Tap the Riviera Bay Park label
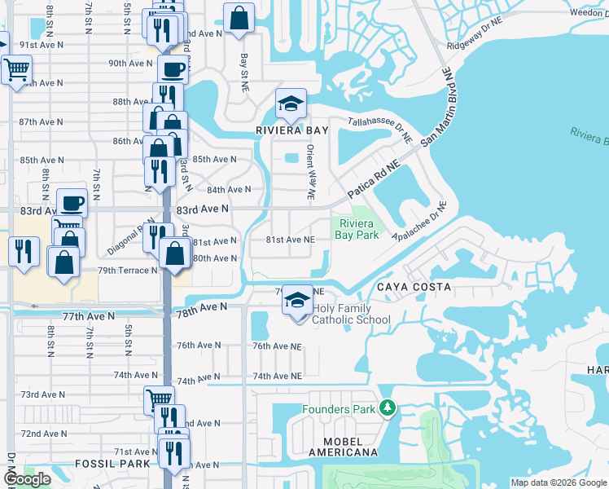pos(358,229)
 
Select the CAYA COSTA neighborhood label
pos(414,288)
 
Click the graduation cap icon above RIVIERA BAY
pos(290,104)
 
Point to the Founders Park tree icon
pos(388,408)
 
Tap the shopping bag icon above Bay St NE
pos(239,18)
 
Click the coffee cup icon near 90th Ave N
pos(172,70)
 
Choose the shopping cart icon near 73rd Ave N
pos(159,400)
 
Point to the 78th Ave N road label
pos(199,307)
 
